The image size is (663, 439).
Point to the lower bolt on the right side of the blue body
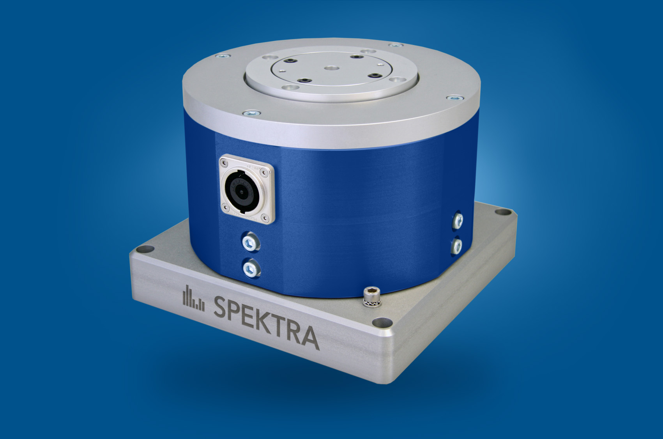(456, 246)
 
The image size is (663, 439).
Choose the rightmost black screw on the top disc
(375, 75)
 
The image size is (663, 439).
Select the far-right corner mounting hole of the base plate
(500, 212)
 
